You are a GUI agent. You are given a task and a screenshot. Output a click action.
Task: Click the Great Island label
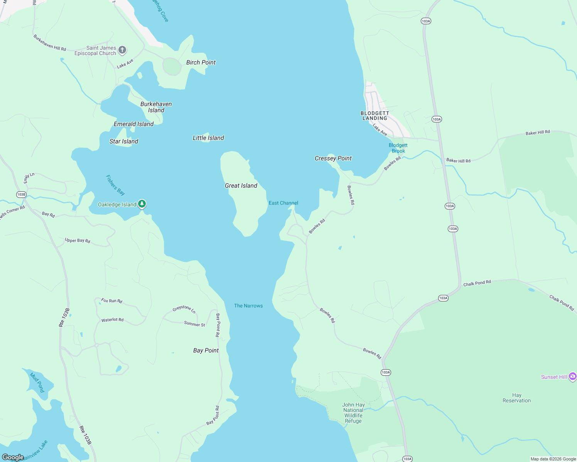[x=241, y=186]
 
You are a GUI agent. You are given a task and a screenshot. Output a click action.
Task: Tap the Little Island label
[x=208, y=138]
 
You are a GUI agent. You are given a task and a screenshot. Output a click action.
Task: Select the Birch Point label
[x=201, y=62]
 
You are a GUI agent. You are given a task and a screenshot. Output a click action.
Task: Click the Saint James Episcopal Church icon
[x=122, y=50]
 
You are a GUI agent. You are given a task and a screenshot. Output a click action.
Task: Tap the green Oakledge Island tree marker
[x=142, y=204]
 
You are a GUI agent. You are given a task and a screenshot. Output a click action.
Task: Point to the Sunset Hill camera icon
[x=573, y=376]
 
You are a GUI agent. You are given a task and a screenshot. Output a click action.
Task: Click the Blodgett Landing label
[x=375, y=115]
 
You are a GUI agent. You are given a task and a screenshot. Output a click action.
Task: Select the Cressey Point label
[x=333, y=158]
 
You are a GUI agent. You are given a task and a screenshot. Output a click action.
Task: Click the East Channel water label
[x=283, y=203]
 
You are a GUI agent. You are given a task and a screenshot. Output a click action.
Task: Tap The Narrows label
[x=248, y=306]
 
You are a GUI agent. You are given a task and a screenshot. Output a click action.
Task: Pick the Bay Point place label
[x=206, y=350]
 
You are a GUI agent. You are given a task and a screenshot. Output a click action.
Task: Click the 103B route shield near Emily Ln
[x=21, y=194]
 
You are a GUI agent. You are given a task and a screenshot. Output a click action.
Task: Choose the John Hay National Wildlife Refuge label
[x=353, y=413]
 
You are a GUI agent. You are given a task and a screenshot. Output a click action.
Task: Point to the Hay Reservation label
[x=516, y=398]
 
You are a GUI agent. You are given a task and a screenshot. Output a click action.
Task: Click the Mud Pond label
[x=37, y=382]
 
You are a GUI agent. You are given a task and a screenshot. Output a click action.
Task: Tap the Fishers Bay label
[x=115, y=185]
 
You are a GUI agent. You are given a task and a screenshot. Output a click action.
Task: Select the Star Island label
[x=124, y=141]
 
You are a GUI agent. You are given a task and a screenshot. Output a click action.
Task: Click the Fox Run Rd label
[x=112, y=300]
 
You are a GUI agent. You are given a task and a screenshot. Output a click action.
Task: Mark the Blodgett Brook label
[x=398, y=148]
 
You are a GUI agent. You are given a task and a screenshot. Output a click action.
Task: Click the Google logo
[x=13, y=457]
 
